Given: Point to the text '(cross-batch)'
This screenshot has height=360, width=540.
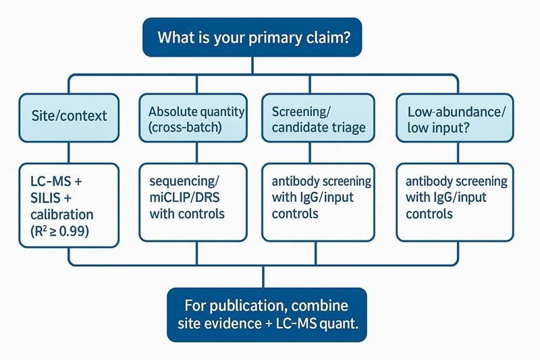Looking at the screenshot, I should [x=182, y=126].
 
